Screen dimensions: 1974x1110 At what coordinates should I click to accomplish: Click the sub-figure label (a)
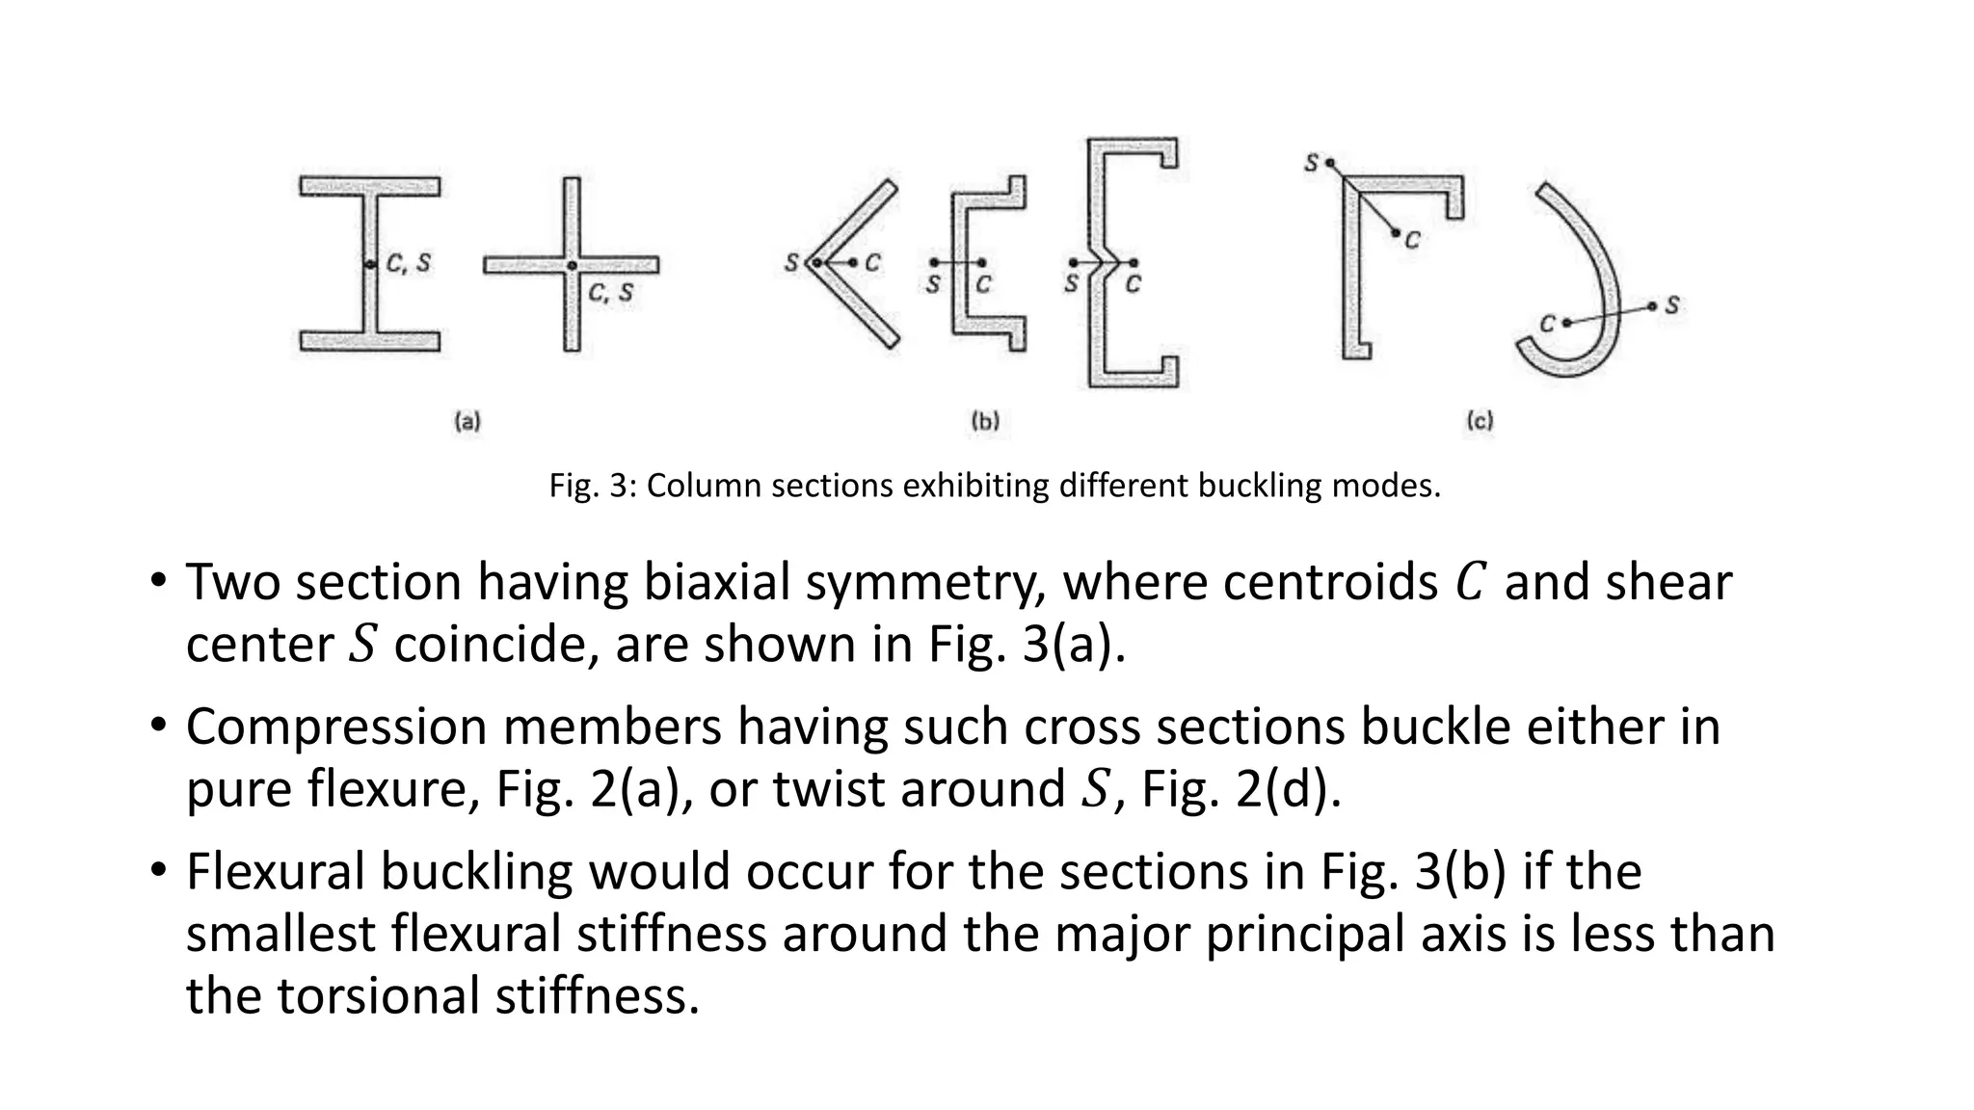pos(467,421)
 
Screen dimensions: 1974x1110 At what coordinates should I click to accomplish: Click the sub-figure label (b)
pos(985,421)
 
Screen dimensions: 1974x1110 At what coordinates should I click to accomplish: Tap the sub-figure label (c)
pos(1480,421)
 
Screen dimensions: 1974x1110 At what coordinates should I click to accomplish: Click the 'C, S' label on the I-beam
pos(409,262)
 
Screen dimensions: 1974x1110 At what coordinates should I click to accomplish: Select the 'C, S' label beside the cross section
pos(611,292)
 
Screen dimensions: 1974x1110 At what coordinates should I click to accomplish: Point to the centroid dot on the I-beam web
pos(369,264)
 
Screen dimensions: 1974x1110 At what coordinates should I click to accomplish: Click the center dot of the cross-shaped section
pos(572,265)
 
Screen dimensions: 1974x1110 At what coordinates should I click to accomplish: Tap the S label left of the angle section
pos(791,262)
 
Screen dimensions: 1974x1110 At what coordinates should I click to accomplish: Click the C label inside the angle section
pos(872,262)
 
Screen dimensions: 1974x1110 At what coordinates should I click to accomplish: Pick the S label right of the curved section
pos(1672,305)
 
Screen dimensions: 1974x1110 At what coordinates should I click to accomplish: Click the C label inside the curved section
pos(1547,324)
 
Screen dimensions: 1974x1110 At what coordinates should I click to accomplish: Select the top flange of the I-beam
pos(370,186)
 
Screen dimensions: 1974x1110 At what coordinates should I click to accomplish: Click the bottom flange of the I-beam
pos(370,341)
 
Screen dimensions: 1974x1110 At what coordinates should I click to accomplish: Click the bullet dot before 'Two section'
pos(158,582)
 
